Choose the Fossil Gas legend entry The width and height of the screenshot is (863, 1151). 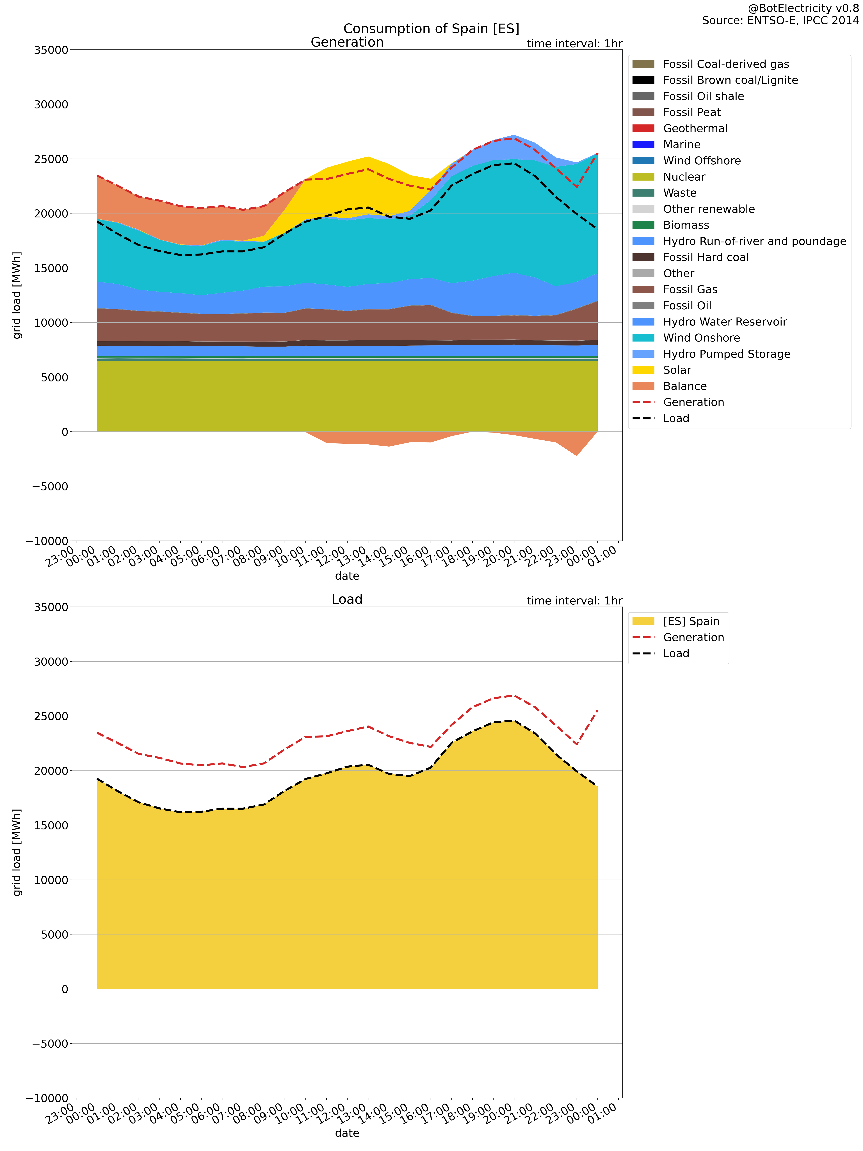690,289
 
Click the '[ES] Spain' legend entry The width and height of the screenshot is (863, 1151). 691,621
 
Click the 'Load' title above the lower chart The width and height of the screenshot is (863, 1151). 347,599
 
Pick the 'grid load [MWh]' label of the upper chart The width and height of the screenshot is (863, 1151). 17,295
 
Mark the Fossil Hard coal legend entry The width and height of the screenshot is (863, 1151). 705,257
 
